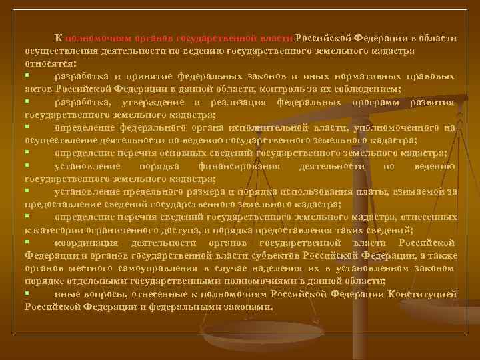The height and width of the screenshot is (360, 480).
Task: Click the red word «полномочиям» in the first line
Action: (93, 38)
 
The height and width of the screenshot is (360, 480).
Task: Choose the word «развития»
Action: (433, 102)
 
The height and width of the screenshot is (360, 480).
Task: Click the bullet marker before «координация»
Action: (27, 241)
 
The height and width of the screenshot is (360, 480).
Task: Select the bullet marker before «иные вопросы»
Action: (27, 293)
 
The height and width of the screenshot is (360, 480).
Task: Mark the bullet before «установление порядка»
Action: (27, 165)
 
